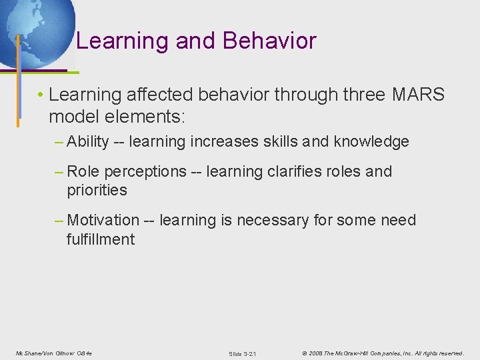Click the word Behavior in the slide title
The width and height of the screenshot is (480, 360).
coord(269,41)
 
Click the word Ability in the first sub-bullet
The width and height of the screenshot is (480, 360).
coord(88,141)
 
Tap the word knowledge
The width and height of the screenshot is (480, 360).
coord(371,141)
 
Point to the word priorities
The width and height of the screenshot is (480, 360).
coord(97,190)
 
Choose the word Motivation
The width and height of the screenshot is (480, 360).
coord(103,220)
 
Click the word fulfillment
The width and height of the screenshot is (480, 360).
coord(100,239)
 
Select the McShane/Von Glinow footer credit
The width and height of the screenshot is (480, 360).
coord(54,353)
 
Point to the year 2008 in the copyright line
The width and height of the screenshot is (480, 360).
coord(315,353)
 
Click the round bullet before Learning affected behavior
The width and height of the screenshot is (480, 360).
coord(41,95)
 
